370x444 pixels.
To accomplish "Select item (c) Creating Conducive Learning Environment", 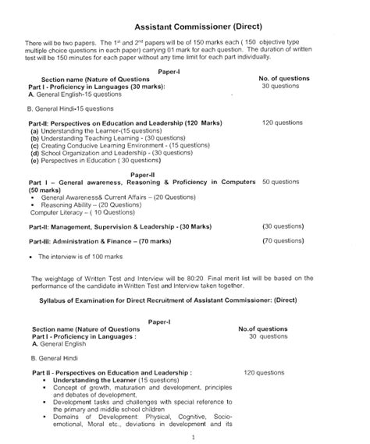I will pos(108,146).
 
